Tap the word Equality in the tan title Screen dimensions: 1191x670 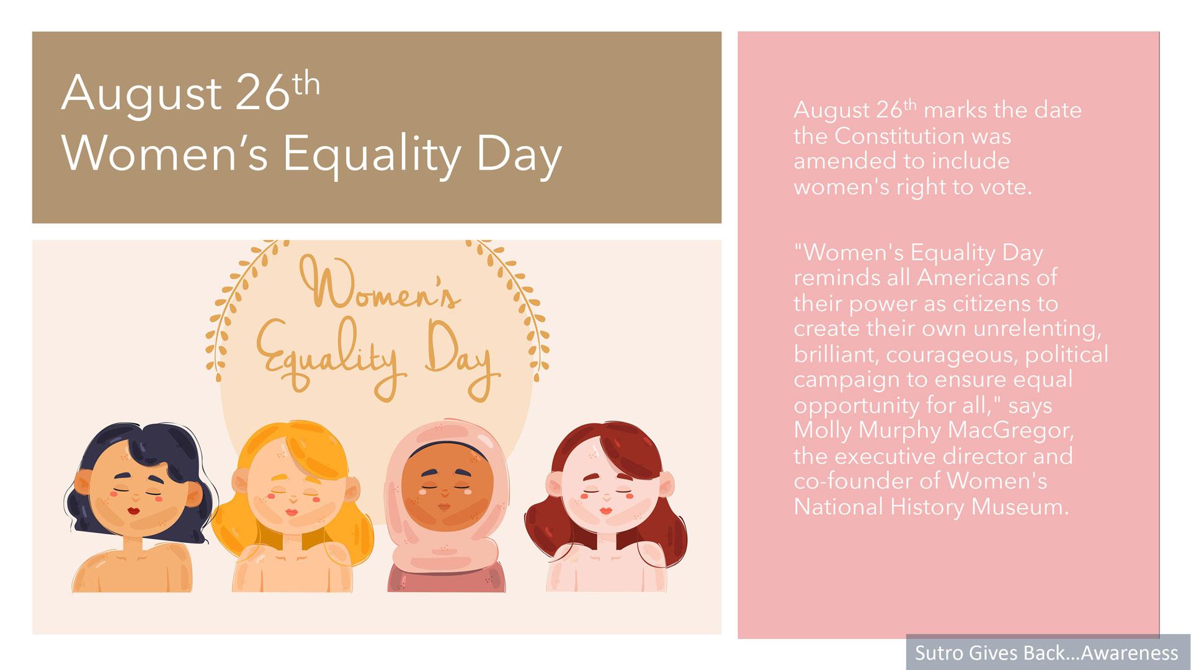pos(372,155)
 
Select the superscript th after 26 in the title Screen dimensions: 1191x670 pos(306,84)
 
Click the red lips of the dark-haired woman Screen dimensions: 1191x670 pos(133,511)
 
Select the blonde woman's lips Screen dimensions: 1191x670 pos(292,512)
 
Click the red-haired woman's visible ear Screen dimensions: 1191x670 pos(666,486)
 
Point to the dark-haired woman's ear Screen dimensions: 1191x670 pos(83,483)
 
